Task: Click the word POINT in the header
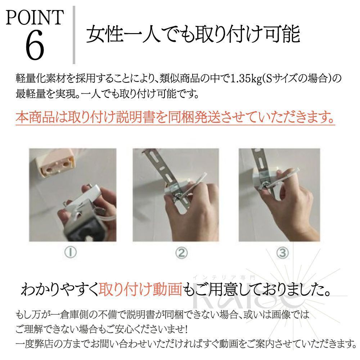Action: [35, 18]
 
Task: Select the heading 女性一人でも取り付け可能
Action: [193, 35]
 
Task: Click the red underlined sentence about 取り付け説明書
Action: [175, 117]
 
